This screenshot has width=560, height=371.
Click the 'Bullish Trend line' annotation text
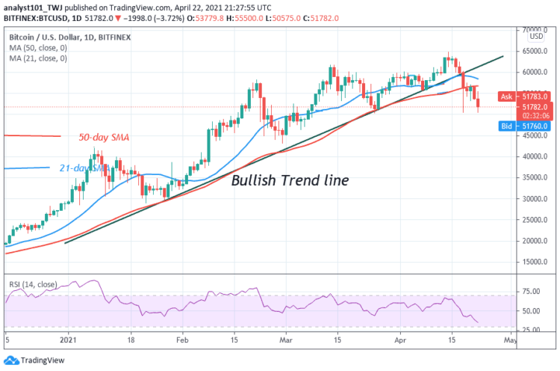(x=289, y=180)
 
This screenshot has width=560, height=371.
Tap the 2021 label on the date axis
(x=69, y=338)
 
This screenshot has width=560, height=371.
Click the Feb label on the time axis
(x=182, y=338)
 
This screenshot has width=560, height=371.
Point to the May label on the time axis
(x=510, y=338)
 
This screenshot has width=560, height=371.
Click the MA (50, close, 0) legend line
(x=38, y=46)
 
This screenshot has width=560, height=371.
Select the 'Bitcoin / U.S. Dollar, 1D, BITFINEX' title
(x=73, y=36)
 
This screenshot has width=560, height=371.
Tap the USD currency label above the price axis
(x=536, y=36)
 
